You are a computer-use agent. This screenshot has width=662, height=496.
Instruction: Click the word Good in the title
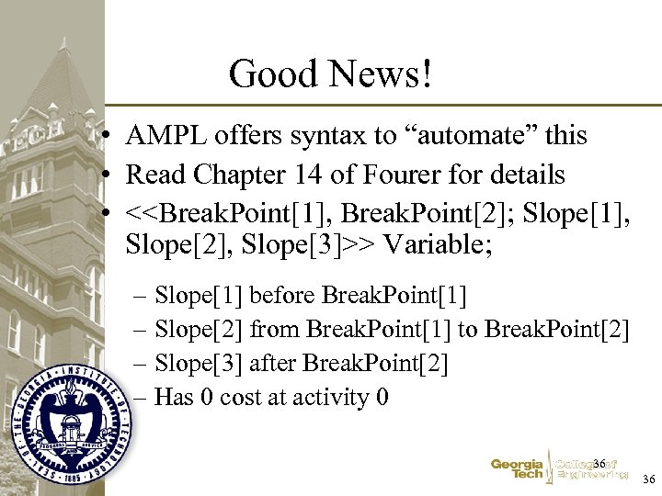pos(267,73)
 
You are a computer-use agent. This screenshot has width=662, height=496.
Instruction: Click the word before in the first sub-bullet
pos(281,296)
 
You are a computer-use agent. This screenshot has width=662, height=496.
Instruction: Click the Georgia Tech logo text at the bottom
pos(517,469)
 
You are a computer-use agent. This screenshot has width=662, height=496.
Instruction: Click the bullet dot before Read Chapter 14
pos(108,175)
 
